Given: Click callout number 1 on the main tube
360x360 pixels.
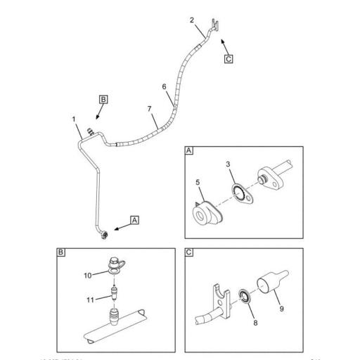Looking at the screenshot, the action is pos(74,120).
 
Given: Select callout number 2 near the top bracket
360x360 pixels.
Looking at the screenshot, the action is pos(192,20).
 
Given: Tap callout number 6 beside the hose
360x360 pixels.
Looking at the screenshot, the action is pos(165,86).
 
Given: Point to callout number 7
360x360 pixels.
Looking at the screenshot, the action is pos(149,110).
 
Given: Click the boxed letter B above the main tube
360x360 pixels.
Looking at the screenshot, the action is pos(103,101).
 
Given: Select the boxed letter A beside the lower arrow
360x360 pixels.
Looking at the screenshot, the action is pos(134,219).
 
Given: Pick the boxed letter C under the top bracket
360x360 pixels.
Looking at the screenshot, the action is pos(228,58).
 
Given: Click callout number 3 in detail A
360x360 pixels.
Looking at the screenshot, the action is pos(229,165).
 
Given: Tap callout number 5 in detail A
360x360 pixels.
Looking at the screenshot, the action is pos(198,183).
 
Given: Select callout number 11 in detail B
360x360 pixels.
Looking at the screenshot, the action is pos(89,300).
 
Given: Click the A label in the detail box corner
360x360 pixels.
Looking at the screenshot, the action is pos(188,150).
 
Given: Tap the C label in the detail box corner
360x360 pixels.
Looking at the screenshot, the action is pos(188,252).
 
